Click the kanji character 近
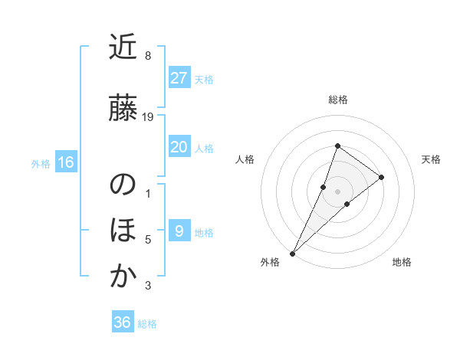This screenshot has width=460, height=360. [123, 47]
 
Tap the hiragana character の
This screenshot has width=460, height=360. [123, 185]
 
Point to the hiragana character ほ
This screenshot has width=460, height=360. [123, 230]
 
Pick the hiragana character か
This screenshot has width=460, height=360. [123, 277]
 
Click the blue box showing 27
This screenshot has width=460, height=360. [179, 78]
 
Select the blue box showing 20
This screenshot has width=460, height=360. [179, 147]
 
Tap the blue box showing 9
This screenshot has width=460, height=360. [179, 231]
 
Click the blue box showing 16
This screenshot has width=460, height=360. [65, 162]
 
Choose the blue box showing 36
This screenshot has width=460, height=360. [123, 322]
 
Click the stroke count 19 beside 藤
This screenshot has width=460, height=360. [149, 117]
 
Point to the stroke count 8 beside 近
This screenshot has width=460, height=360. [148, 56]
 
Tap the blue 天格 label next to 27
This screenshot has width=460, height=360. [204, 79]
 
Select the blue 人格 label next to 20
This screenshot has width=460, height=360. [204, 148]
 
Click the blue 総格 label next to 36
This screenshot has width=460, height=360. [147, 323]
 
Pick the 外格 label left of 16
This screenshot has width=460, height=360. [41, 163]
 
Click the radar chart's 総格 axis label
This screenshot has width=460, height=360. [337, 100]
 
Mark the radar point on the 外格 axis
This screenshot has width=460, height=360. [292, 253]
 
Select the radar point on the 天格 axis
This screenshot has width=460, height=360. [381, 177]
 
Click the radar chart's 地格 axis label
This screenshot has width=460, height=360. [402, 262]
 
